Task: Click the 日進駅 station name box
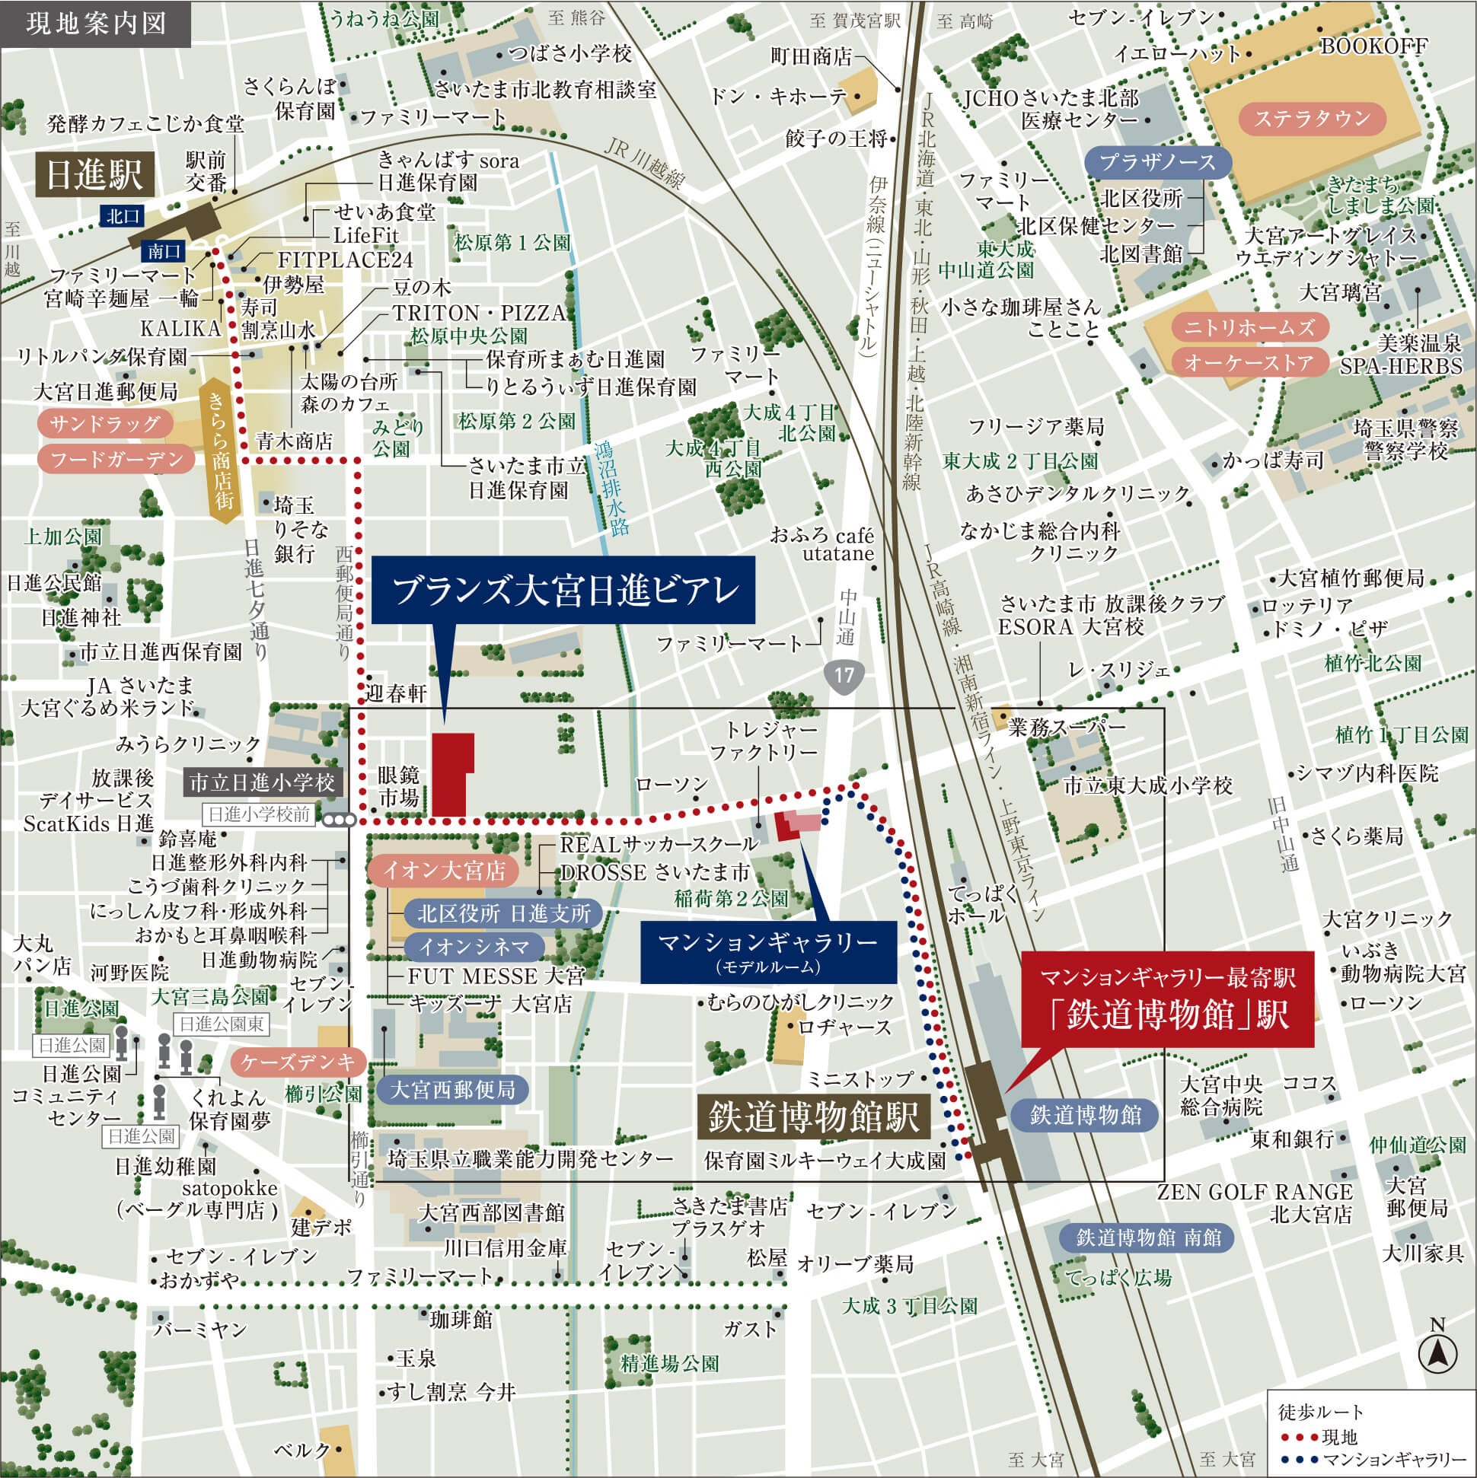pyautogui.click(x=94, y=175)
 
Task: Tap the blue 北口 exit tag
pyautogui.click(x=123, y=216)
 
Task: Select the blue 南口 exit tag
pyautogui.click(x=164, y=251)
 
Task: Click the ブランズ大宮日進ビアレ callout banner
pyautogui.click(x=563, y=590)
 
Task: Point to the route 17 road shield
pyautogui.click(x=844, y=675)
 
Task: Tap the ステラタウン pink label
pyautogui.click(x=1312, y=119)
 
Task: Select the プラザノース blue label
pyautogui.click(x=1157, y=162)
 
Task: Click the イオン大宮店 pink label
pyautogui.click(x=444, y=871)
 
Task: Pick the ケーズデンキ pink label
pyautogui.click(x=298, y=1062)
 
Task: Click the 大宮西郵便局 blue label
pyautogui.click(x=452, y=1089)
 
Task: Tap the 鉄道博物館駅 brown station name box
pyautogui.click(x=815, y=1117)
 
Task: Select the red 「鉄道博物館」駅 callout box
pyautogui.click(x=1168, y=1000)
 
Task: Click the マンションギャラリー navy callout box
pyautogui.click(x=768, y=951)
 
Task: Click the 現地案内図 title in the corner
pyautogui.click(x=96, y=24)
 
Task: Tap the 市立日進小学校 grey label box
pyautogui.click(x=262, y=782)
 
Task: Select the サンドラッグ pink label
pyautogui.click(x=105, y=423)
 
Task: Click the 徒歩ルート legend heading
pyautogui.click(x=1320, y=1412)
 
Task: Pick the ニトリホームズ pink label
pyautogui.click(x=1249, y=327)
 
